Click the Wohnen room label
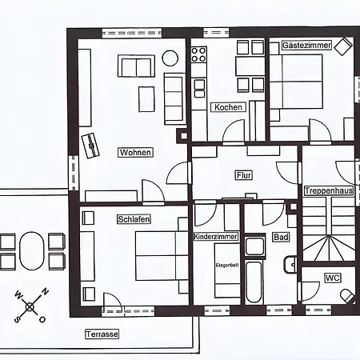(135, 152)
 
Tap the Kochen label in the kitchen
(228, 107)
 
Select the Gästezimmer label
(306, 45)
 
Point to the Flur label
(244, 175)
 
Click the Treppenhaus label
(329, 190)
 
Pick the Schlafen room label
(134, 219)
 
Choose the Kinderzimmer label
(215, 237)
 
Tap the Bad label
(281, 237)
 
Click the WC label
(333, 278)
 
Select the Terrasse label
(102, 334)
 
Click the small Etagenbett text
(227, 266)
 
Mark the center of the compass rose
(30, 307)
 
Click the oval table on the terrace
(32, 250)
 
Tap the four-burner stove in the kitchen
(199, 54)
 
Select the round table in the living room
(170, 58)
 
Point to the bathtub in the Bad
(254, 282)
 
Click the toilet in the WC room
(346, 295)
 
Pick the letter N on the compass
(45, 292)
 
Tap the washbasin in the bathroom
(290, 265)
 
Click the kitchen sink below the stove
(199, 88)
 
